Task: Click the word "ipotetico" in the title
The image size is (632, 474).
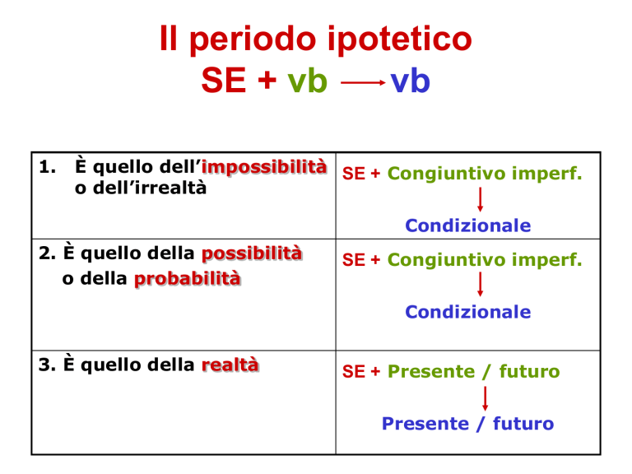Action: [x=399, y=39]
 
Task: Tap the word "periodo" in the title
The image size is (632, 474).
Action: [x=253, y=39]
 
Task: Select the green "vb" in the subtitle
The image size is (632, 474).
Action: [x=307, y=81]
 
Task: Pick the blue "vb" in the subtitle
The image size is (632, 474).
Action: [x=411, y=81]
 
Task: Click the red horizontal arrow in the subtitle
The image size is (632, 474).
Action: [x=363, y=82]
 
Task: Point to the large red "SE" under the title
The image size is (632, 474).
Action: [x=224, y=80]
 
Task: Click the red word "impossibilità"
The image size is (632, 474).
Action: [x=264, y=167]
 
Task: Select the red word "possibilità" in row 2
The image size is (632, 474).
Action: [x=252, y=253]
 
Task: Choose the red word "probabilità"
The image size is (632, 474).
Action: [x=188, y=278]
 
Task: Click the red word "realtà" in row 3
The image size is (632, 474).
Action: [x=230, y=365]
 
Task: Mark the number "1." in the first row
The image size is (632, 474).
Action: [x=47, y=167]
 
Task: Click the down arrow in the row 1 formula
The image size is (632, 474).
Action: [x=480, y=199]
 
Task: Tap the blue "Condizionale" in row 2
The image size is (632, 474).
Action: [x=468, y=312]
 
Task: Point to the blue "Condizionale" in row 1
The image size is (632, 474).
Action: [x=468, y=225]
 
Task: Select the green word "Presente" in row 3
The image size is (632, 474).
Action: [x=431, y=371]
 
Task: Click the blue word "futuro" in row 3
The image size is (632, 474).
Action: [x=523, y=424]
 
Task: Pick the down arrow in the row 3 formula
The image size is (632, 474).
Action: [x=486, y=398]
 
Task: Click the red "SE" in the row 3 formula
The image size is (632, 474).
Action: [x=354, y=372]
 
